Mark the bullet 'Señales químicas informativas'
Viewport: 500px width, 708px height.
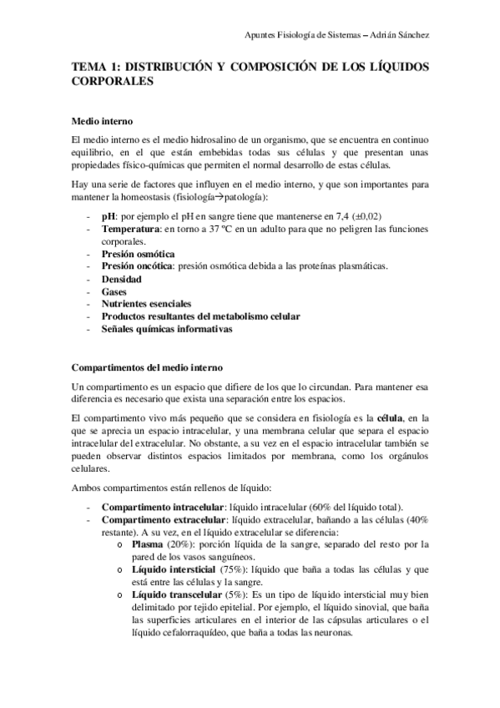click(167, 329)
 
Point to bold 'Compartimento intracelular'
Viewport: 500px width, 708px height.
click(163, 506)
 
